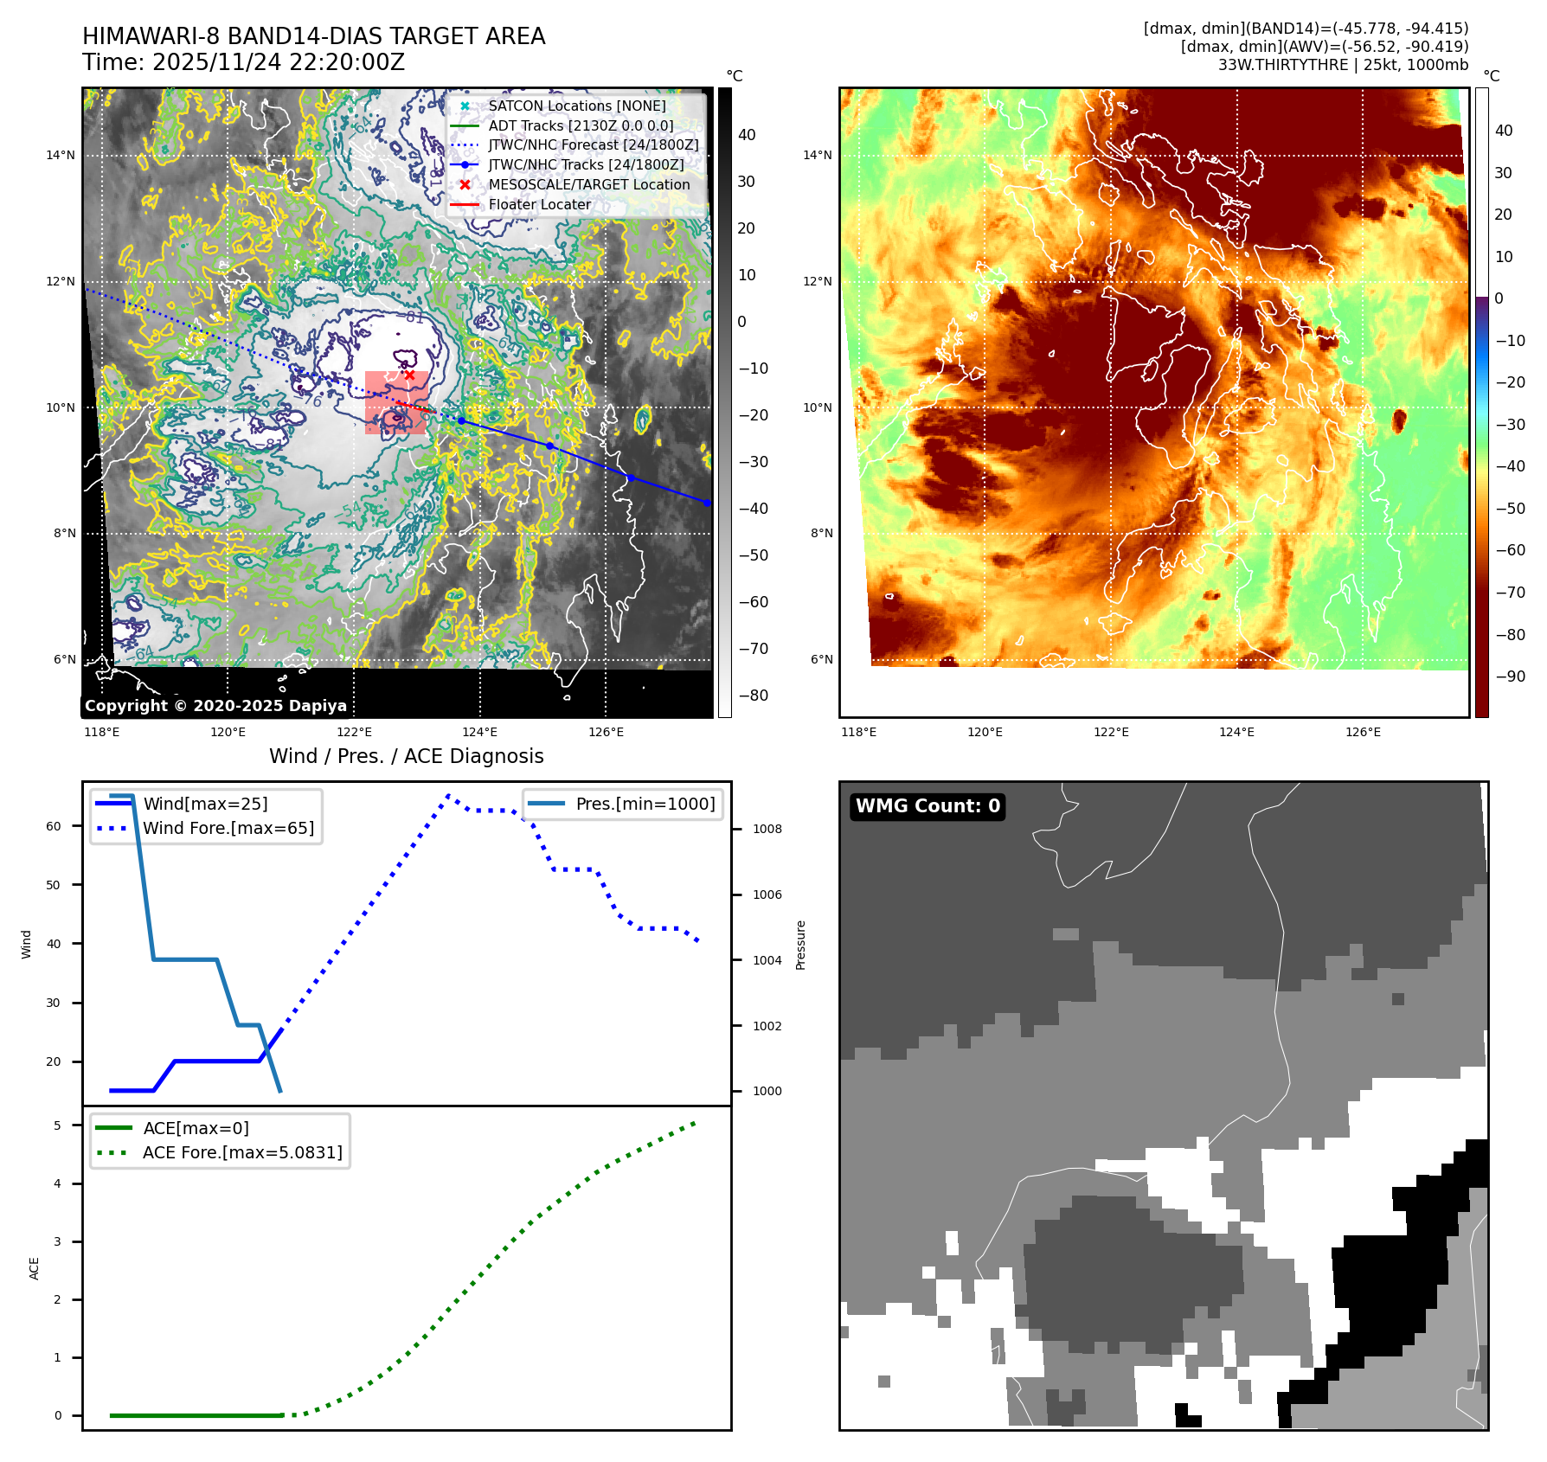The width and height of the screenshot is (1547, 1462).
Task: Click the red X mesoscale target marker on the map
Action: (409, 375)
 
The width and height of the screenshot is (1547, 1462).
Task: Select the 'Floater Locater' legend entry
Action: (539, 205)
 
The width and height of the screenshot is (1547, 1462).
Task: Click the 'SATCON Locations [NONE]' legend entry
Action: (576, 106)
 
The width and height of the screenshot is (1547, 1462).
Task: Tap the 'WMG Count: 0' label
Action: (928, 806)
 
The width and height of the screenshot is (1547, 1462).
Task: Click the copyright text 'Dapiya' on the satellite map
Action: (318, 706)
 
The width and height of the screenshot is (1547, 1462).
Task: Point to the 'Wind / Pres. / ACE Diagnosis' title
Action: (407, 756)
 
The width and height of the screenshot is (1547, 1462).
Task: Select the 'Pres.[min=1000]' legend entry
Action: (645, 804)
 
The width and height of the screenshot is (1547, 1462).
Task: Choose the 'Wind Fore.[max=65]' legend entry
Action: (228, 828)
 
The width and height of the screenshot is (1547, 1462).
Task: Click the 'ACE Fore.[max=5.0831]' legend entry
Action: (242, 1152)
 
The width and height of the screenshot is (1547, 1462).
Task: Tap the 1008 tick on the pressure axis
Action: (767, 829)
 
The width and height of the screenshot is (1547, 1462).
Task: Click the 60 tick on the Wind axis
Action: (54, 826)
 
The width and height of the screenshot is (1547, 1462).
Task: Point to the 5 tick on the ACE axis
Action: (58, 1125)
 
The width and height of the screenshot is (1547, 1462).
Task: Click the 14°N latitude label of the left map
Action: (61, 156)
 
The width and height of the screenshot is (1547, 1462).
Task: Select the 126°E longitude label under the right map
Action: (1363, 732)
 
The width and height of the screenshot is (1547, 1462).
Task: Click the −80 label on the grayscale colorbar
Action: (753, 696)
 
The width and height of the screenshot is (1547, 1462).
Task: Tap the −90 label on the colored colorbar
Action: (1510, 676)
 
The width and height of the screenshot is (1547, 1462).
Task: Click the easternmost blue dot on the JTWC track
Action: (707, 503)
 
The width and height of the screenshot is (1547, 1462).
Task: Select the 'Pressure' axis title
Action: (801, 945)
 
